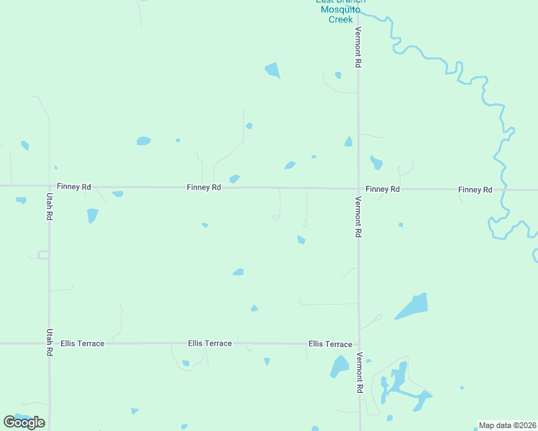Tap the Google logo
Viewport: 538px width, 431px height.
click(x=24, y=422)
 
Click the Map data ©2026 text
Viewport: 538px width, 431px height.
click(x=508, y=425)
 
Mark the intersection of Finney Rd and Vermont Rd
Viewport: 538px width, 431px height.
click(x=358, y=189)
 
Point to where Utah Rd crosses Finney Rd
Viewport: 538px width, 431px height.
click(x=49, y=186)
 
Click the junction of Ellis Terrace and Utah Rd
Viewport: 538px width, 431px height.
click(x=49, y=343)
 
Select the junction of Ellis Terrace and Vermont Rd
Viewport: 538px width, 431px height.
click(x=359, y=343)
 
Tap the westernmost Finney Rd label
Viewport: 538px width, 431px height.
click(x=74, y=187)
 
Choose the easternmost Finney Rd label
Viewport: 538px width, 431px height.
click(x=475, y=190)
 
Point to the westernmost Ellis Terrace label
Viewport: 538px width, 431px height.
click(x=83, y=343)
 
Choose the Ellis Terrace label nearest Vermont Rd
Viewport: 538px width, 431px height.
click(x=330, y=344)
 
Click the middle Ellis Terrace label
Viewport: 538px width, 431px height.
click(x=210, y=343)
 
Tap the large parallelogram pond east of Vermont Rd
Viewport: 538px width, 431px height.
click(x=412, y=306)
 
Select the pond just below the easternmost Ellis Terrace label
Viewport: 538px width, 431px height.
click(x=339, y=367)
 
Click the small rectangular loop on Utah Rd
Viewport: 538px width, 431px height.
click(x=43, y=254)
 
